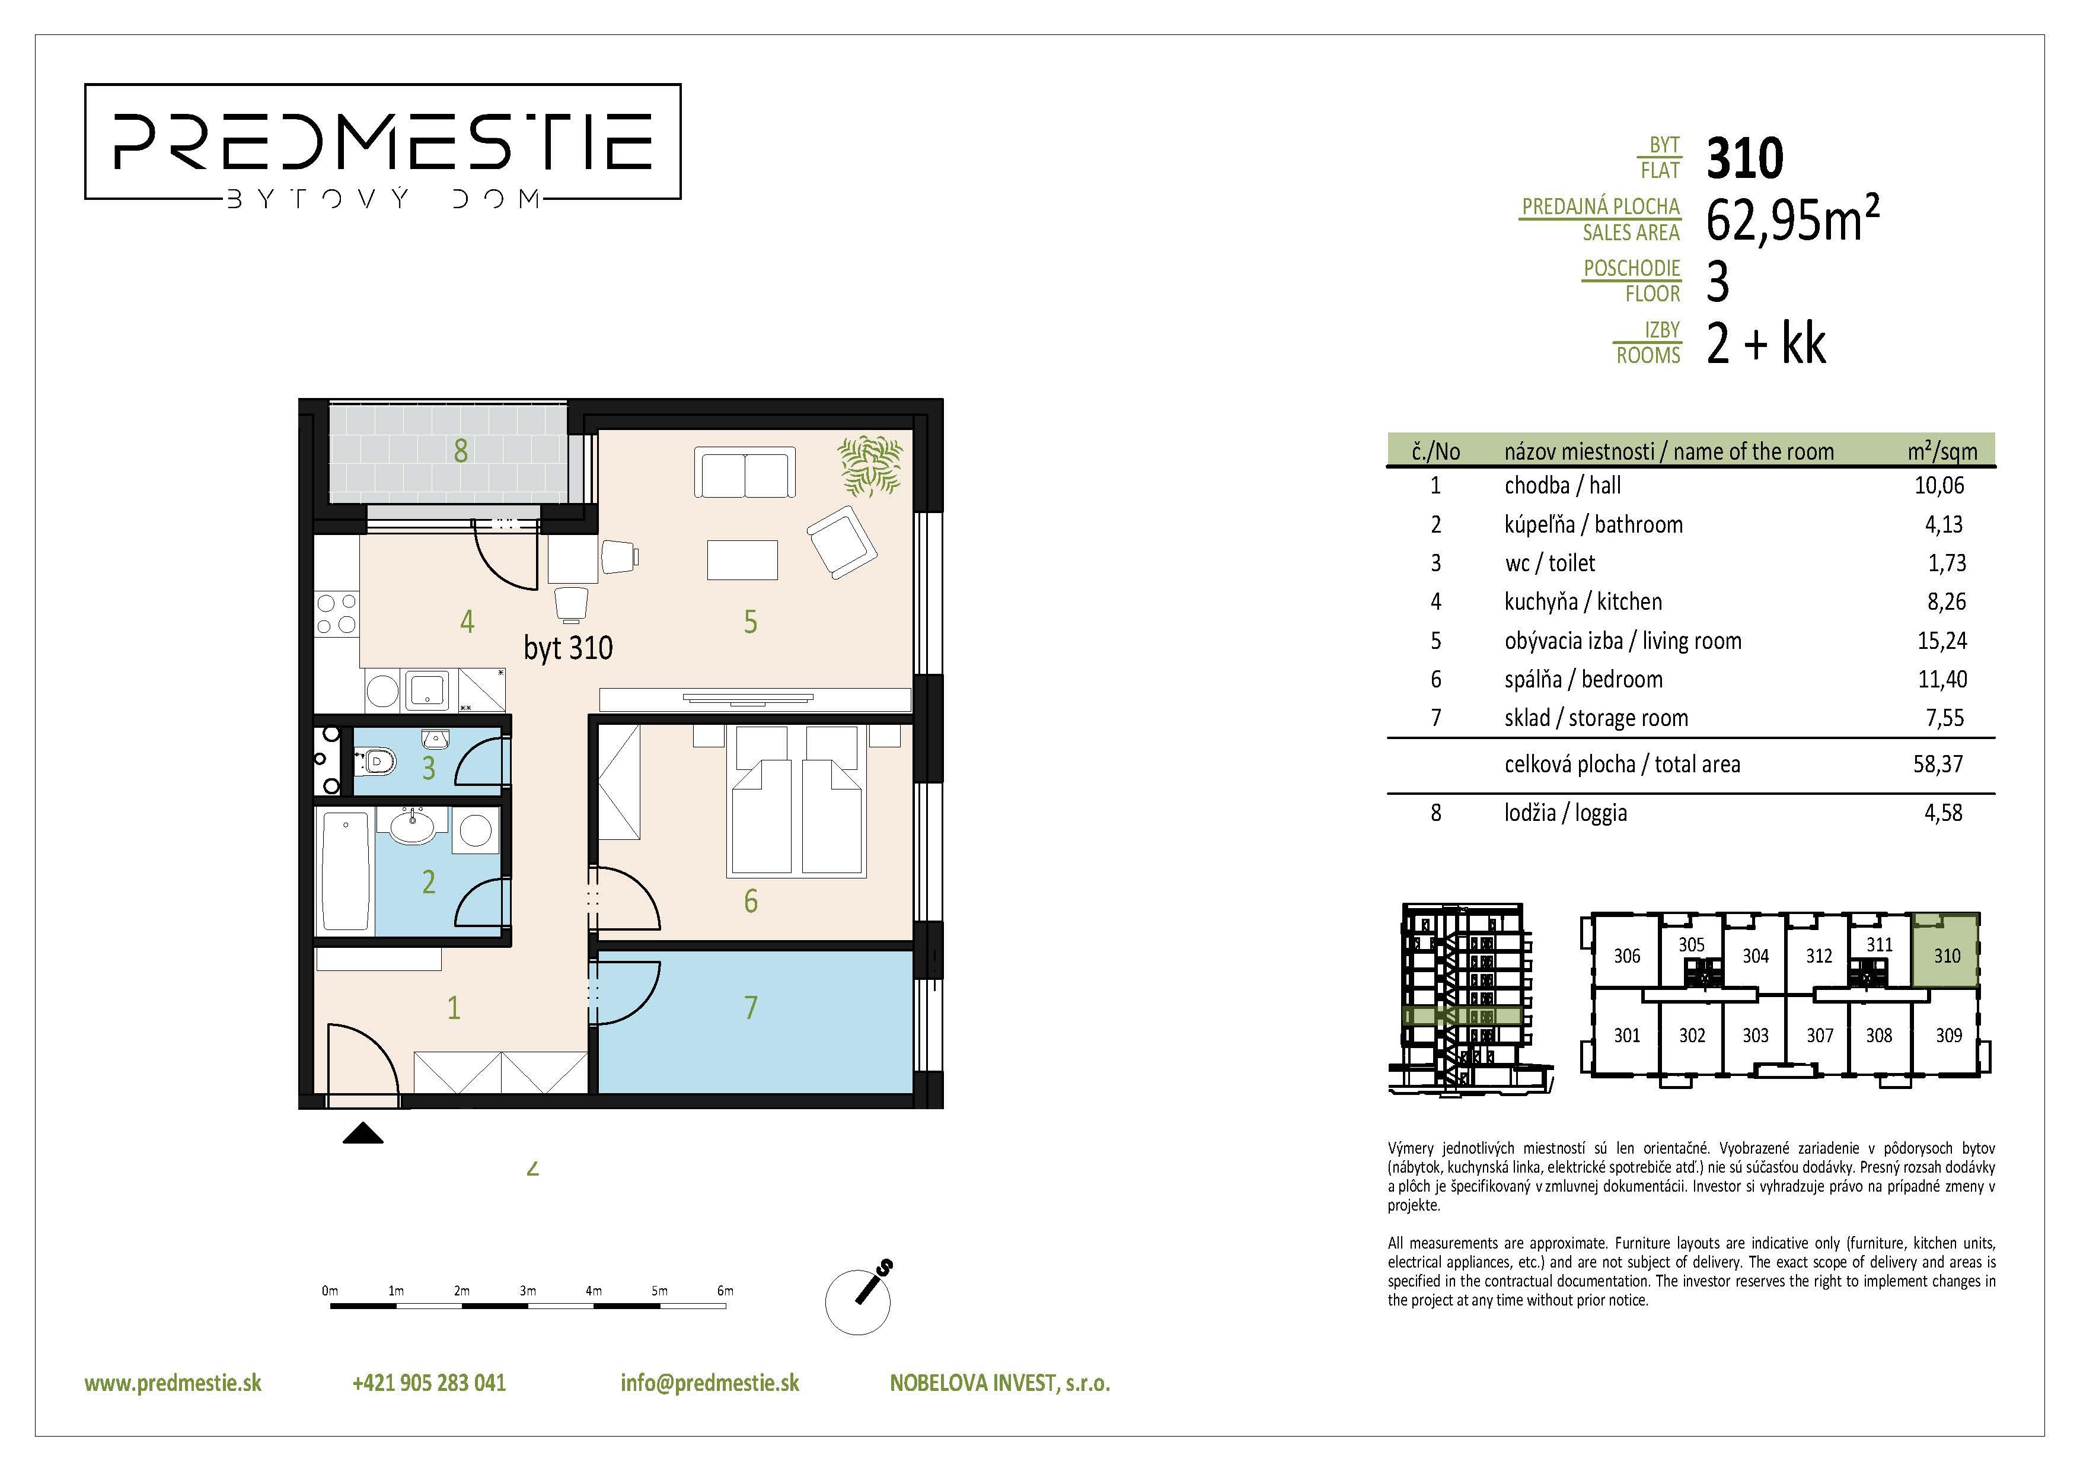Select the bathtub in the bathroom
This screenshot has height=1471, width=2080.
345,871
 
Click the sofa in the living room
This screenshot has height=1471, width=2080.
745,472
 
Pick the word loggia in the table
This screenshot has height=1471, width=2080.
1601,813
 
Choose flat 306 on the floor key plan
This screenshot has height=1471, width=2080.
1627,956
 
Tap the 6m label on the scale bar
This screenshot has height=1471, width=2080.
725,1291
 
